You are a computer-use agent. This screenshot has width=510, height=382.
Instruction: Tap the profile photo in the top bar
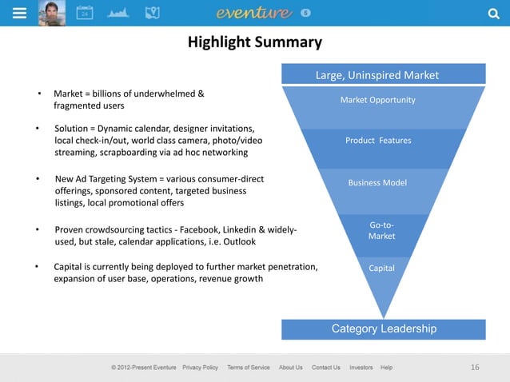point(52,13)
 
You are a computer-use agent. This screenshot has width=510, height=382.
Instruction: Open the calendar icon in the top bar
point(84,13)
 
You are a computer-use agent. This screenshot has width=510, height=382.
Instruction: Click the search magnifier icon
point(492,13)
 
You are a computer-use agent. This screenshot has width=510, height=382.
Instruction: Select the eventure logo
point(255,13)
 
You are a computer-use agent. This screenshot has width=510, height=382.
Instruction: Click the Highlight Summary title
point(254,42)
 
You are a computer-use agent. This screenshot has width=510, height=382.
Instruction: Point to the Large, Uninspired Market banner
point(383,75)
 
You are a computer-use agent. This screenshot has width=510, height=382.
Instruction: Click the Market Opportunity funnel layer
point(378,100)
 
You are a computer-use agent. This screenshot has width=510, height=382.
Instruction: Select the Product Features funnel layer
point(378,141)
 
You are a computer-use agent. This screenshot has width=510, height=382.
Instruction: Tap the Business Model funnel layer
point(378,183)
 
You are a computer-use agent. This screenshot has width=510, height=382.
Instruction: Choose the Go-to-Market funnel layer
point(381,231)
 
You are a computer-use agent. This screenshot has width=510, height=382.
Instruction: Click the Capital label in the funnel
point(381,269)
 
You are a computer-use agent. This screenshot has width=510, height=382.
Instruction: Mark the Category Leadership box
point(384,328)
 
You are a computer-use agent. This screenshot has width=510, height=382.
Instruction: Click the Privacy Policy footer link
point(200,368)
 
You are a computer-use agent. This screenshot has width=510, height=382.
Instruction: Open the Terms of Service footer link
point(248,368)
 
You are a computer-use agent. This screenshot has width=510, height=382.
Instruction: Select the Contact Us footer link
point(325,368)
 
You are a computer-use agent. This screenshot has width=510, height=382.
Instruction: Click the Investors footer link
point(361,368)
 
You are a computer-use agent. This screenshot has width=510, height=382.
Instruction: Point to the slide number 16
point(475,368)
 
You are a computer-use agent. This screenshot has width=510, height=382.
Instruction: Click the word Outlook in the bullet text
point(238,242)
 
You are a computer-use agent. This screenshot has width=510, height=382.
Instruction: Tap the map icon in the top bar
point(152,13)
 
